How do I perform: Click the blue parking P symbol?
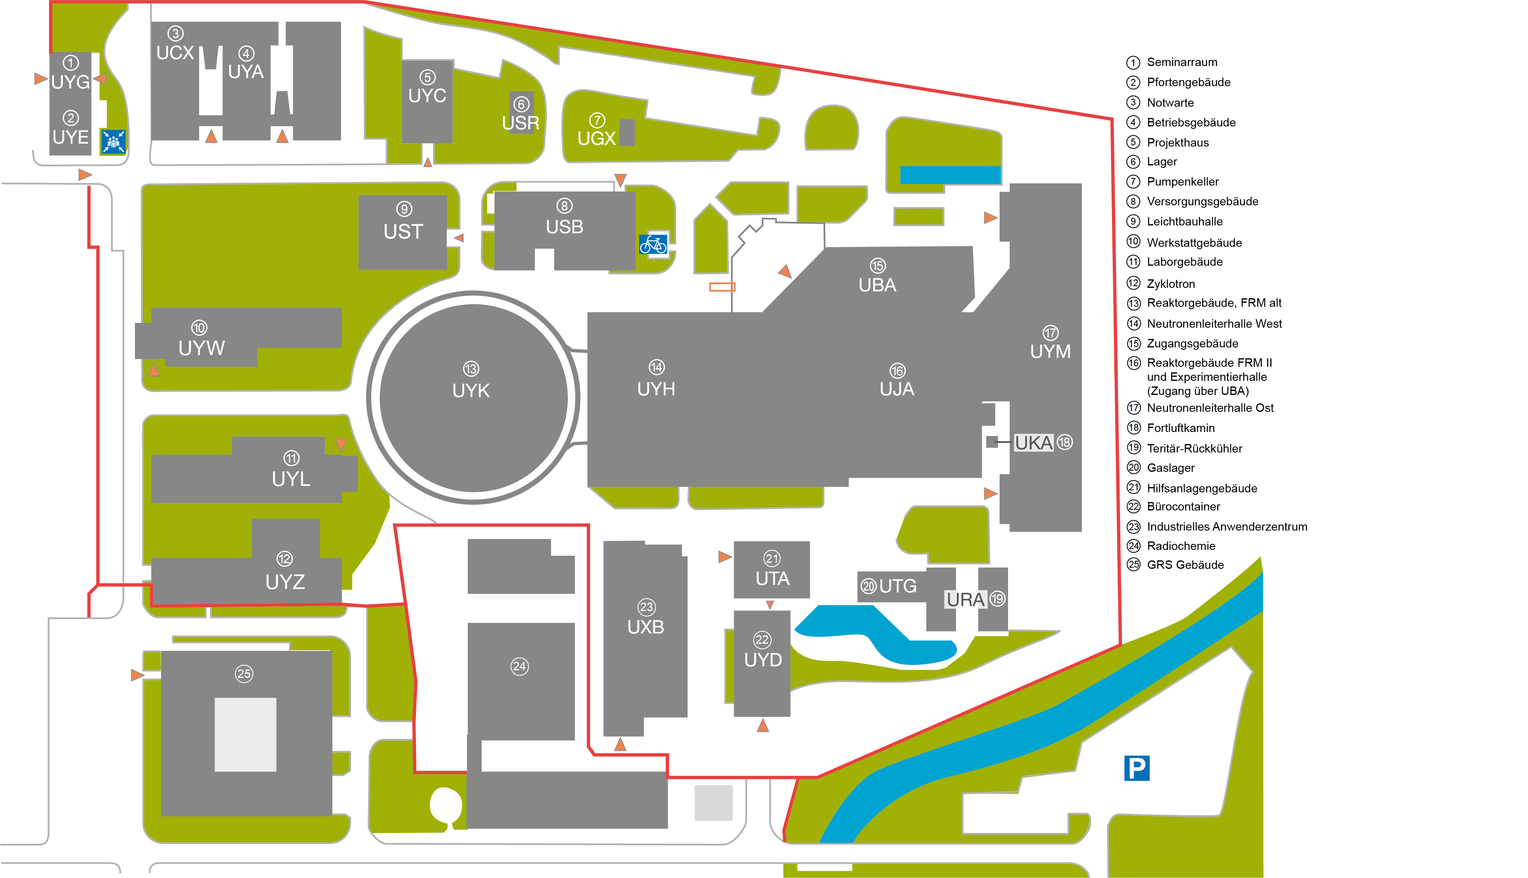pos(1137,768)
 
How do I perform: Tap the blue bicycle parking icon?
pos(653,244)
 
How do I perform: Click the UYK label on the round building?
pos(471,391)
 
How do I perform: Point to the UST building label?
pos(403,231)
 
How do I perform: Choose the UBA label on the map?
pos(877,285)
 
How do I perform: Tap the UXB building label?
pos(646,627)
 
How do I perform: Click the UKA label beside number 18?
pos(1033,443)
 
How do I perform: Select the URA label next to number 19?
pos(965,599)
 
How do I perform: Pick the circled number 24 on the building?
pos(520,666)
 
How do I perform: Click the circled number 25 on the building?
pos(244,673)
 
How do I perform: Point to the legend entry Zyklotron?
pos(1170,283)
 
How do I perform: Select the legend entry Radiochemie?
pos(1180,546)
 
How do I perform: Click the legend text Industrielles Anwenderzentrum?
pos(1226,527)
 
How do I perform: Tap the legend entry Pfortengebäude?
pos(1188,82)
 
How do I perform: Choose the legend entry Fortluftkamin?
pos(1180,428)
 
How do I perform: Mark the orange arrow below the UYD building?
pos(762,725)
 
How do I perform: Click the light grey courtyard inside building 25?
pos(246,734)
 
